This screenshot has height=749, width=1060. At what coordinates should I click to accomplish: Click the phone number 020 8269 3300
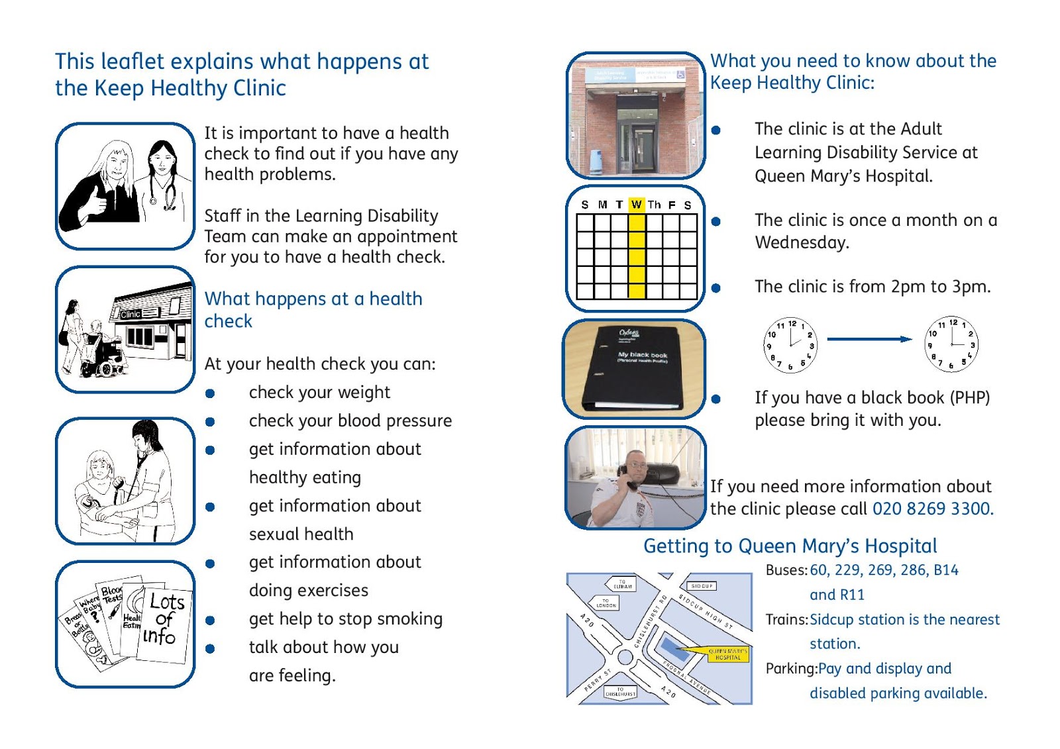(932, 509)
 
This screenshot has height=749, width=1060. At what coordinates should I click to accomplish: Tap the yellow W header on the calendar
(637, 205)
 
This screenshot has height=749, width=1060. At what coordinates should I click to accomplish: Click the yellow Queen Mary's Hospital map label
(727, 654)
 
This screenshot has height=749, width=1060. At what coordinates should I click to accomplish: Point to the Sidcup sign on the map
(701, 586)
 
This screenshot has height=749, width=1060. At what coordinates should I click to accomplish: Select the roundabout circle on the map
(625, 658)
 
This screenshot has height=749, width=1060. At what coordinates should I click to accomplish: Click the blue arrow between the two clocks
(869, 339)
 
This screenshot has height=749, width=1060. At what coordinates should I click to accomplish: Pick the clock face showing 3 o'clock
(951, 344)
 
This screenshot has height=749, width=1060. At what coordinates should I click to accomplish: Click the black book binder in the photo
(633, 368)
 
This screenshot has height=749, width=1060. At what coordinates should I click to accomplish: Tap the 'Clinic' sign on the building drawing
(131, 314)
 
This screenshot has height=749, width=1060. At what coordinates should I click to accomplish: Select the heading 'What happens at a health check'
(313, 309)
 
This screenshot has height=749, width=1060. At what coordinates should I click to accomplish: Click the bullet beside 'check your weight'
(210, 393)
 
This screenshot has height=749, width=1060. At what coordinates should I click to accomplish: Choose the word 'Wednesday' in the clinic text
(802, 242)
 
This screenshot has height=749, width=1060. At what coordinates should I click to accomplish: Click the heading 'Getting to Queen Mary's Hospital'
(790, 546)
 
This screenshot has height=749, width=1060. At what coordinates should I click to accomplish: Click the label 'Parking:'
(791, 668)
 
